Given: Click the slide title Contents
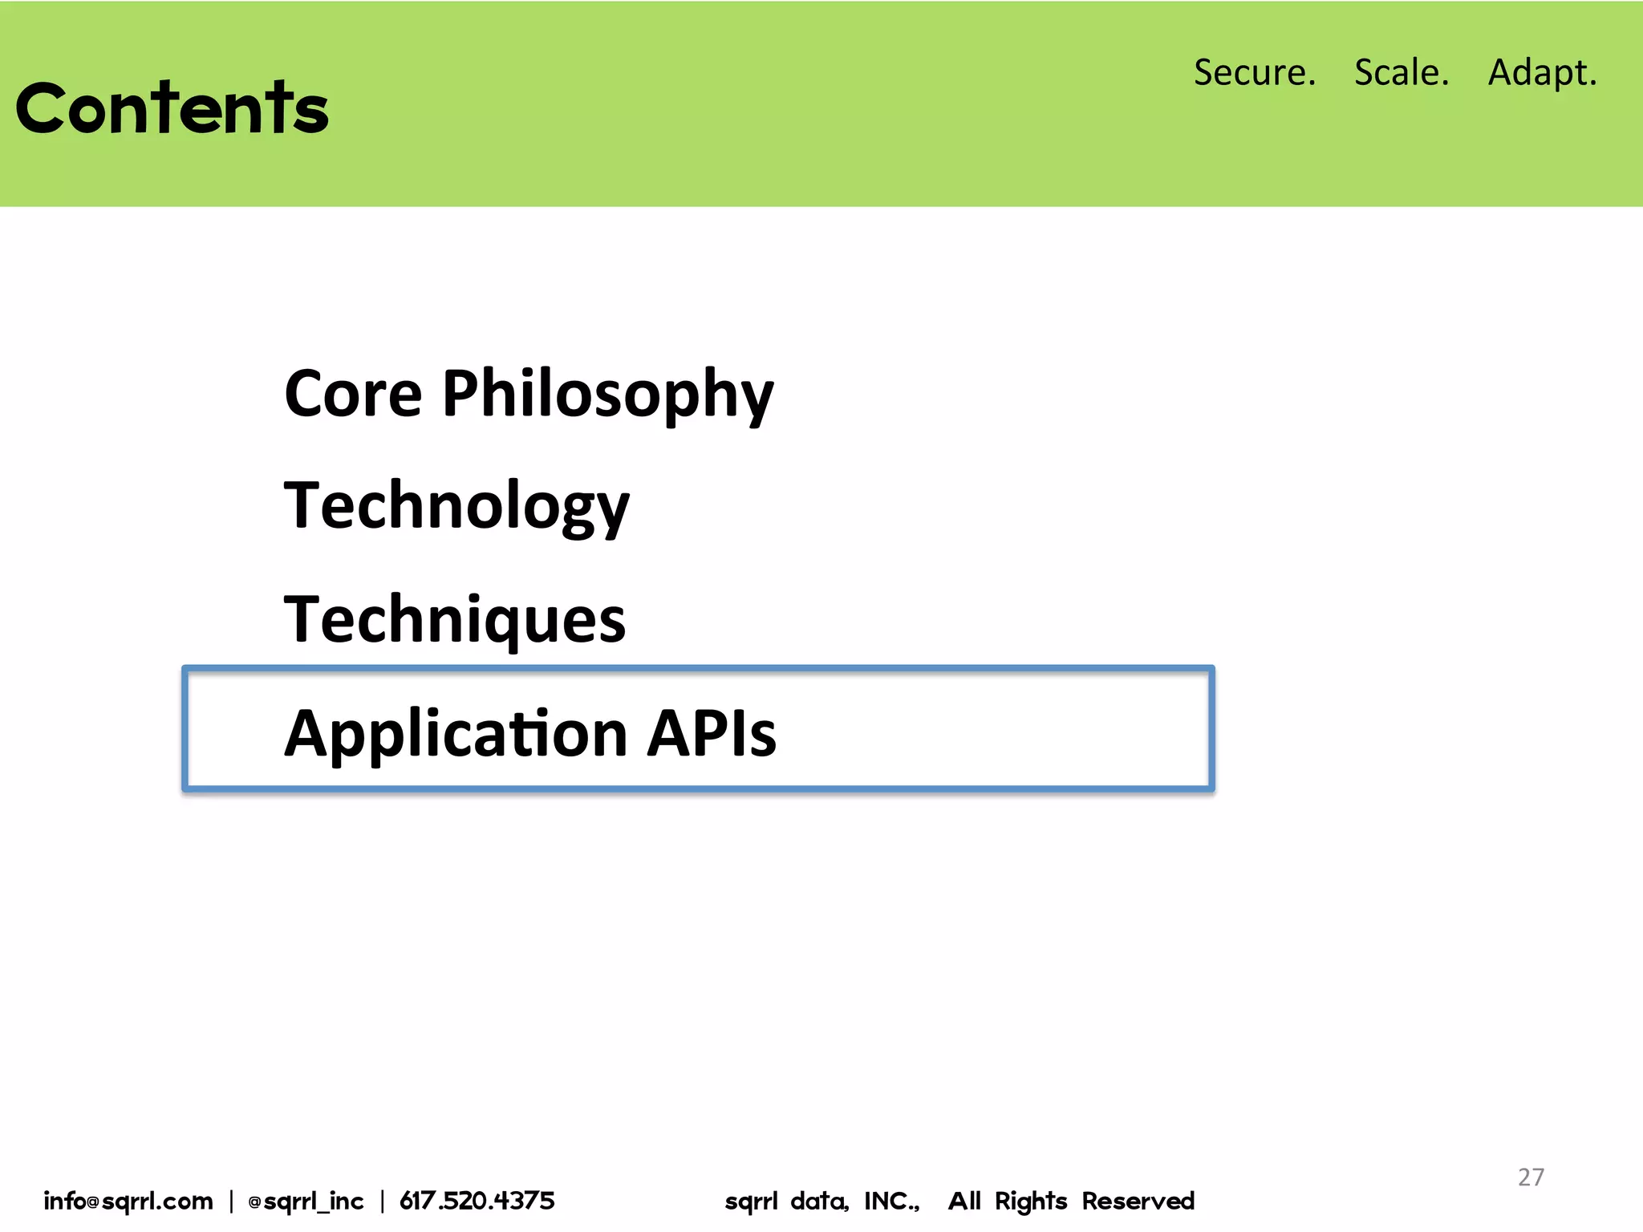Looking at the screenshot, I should point(172,108).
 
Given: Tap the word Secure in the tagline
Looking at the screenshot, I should point(1254,72).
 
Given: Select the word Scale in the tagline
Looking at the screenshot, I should point(1401,72).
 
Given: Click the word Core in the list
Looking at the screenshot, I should point(353,395).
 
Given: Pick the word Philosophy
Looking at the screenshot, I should point(607,395).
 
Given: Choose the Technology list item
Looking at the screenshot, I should point(456,507).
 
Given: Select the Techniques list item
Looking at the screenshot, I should point(454,620).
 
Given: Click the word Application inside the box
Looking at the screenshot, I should point(456,734).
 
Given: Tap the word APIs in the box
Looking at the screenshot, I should point(712,734).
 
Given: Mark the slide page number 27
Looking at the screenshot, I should point(1531,1177).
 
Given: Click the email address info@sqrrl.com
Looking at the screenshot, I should point(128,1201).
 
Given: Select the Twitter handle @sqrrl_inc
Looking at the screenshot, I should point(306,1201).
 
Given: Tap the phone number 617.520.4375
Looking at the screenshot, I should point(477,1201).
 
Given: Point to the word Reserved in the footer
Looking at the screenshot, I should point(1138,1201).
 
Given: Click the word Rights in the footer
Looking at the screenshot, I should point(1031,1201).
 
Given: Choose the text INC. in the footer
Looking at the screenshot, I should point(891,1201).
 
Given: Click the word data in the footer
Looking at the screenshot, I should point(819,1201).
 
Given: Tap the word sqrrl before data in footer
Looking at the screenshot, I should point(751,1201).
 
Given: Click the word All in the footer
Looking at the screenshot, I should point(964,1201).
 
